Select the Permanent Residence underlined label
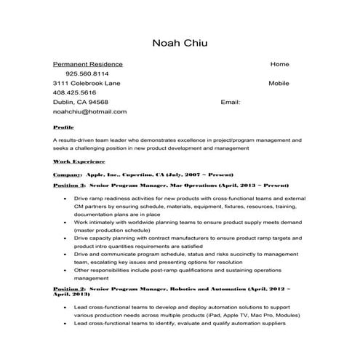[88, 64]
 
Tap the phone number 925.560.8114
[87, 73]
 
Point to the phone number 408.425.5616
[75, 93]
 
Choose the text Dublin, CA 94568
[81, 103]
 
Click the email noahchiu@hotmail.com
[89, 112]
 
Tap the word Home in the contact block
[279, 64]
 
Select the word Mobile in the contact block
[279, 83]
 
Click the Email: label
[231, 103]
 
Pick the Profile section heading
[63, 127]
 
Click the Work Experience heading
[79, 161]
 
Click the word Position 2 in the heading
[69, 288]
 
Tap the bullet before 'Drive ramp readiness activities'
[66, 199]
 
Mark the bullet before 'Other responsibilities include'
[66, 270]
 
